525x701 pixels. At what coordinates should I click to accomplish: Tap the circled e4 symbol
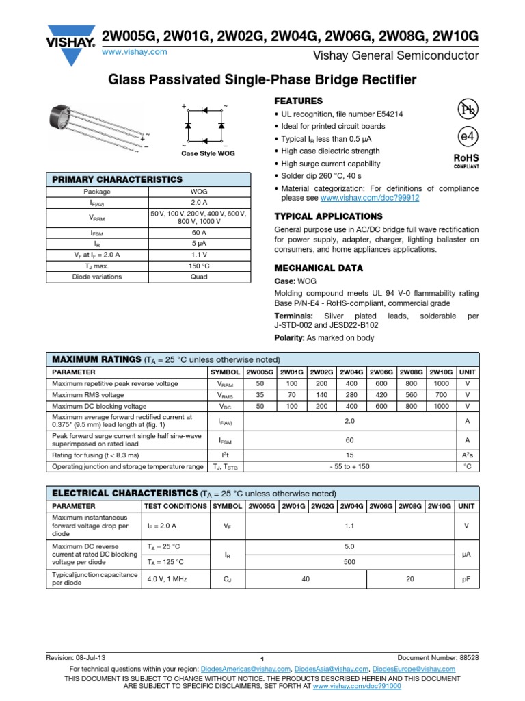click(x=466, y=137)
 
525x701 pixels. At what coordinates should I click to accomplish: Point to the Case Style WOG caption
click(x=208, y=154)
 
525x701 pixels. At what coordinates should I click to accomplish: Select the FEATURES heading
click(x=298, y=101)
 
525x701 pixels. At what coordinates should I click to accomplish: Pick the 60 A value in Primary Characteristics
click(x=199, y=233)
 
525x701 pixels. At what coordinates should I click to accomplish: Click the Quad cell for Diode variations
click(x=199, y=277)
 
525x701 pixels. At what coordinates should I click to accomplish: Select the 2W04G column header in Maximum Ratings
click(x=352, y=372)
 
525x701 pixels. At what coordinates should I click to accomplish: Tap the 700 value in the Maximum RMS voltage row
click(x=441, y=395)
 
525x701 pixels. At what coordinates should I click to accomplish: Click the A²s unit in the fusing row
click(x=468, y=455)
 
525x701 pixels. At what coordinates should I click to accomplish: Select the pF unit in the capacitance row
click(x=468, y=578)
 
